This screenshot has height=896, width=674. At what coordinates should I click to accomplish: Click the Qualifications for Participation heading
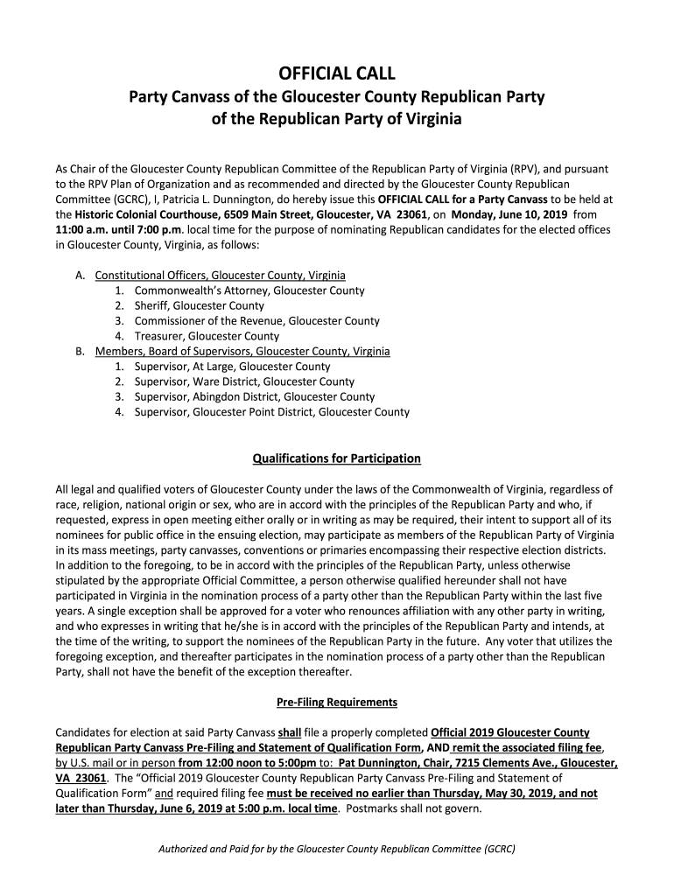click(x=337, y=458)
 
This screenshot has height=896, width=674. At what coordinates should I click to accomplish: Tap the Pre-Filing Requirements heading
click(x=337, y=702)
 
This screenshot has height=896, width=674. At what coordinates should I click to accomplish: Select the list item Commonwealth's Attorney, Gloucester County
click(x=249, y=290)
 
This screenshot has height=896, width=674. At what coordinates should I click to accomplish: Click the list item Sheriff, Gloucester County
click(x=199, y=305)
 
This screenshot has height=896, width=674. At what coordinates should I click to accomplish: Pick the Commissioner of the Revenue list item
click(x=256, y=321)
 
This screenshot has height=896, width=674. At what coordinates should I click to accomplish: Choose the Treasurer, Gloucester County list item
click(x=207, y=336)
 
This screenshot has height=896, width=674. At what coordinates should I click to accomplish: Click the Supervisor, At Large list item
click(x=232, y=367)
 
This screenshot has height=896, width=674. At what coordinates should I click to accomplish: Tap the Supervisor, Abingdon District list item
click(x=255, y=396)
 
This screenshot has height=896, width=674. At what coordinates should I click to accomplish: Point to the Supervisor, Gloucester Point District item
click(x=271, y=412)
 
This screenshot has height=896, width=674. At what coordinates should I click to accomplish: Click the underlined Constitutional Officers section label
click(x=220, y=275)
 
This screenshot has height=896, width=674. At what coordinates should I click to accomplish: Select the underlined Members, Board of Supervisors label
click(x=242, y=351)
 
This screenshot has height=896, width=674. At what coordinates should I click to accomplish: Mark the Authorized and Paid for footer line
click(x=337, y=849)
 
